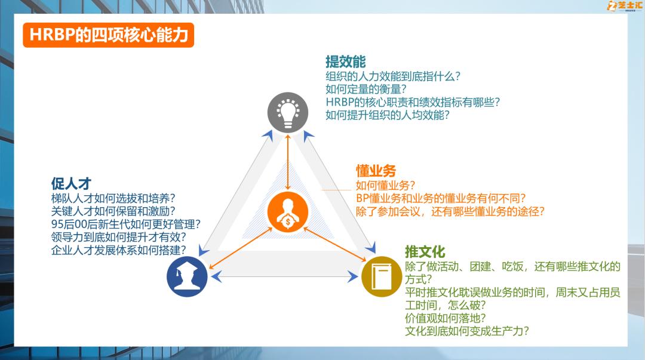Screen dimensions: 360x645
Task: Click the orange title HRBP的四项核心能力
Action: [x=108, y=35]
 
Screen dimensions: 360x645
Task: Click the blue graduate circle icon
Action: [x=187, y=276]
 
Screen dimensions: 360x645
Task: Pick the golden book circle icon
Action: [x=381, y=276]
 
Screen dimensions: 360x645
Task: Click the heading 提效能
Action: [x=345, y=62]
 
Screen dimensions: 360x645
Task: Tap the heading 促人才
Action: [x=71, y=183]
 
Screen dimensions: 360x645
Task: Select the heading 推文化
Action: [x=425, y=251]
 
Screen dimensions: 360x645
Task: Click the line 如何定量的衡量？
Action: [x=365, y=89]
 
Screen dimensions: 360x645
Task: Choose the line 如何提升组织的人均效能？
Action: [x=388, y=115]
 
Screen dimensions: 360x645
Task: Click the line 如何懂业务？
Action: [x=386, y=185]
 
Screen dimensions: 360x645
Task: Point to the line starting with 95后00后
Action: [x=125, y=224]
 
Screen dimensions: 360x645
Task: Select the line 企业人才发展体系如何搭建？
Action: [x=118, y=250]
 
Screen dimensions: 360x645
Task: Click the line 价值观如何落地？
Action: [x=445, y=318]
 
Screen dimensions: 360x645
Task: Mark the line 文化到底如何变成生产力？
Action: [x=467, y=331]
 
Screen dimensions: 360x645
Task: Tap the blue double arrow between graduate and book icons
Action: [x=284, y=276]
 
